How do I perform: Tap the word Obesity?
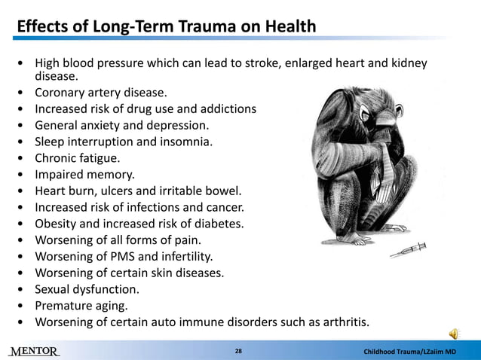click(x=57, y=224)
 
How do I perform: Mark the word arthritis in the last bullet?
click(x=343, y=322)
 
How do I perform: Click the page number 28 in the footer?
click(x=238, y=351)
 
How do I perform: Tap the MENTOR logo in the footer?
click(x=34, y=351)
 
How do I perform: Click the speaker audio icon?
click(x=455, y=334)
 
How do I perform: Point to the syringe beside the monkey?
click(x=408, y=250)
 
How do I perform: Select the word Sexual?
click(x=54, y=289)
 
